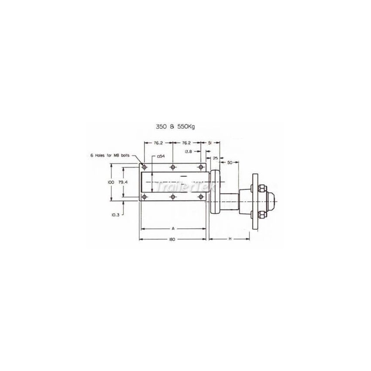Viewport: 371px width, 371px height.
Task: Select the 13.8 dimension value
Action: point(188,151)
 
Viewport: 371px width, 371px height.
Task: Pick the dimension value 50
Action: point(230,162)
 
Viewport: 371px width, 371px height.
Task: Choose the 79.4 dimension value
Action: point(123,182)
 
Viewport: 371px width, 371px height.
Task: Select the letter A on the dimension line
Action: point(173,228)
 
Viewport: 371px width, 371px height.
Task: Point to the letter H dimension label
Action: point(229,239)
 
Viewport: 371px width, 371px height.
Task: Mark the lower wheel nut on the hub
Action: point(260,215)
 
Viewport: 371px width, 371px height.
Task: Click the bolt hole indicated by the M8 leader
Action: point(145,168)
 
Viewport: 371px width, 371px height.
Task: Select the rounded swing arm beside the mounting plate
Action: point(215,192)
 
